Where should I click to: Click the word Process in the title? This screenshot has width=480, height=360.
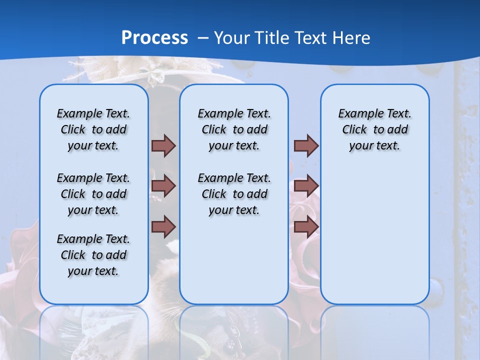[154, 38]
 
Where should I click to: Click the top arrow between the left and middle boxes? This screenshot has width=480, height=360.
[163, 145]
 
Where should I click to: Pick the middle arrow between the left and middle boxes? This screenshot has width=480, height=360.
[163, 186]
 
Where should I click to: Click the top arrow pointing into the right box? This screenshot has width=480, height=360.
[306, 145]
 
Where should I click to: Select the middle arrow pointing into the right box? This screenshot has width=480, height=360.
[306, 186]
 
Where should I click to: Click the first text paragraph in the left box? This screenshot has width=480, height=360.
[93, 129]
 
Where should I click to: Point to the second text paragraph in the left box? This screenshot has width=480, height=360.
[93, 194]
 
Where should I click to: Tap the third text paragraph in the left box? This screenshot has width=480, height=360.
[93, 255]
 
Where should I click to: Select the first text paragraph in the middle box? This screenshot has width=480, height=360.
[234, 129]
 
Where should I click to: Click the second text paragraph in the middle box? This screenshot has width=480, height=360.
[234, 194]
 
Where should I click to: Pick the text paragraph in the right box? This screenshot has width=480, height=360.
[374, 129]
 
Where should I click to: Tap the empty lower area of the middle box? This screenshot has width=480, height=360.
[234, 260]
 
